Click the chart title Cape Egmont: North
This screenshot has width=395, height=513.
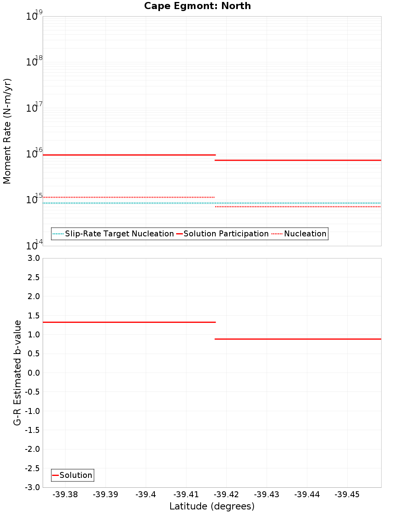[x=197, y=6]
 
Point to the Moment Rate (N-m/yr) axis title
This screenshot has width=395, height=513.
[x=7, y=131]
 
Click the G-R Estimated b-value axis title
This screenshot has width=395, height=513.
[x=17, y=373]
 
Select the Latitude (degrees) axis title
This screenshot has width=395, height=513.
[x=212, y=506]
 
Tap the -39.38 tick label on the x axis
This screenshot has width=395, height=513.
[x=65, y=494]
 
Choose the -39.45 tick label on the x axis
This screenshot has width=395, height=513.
[x=347, y=494]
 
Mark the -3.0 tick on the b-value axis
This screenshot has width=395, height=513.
[x=33, y=487]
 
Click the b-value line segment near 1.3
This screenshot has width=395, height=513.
[x=129, y=322]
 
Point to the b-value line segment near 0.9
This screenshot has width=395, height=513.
[x=298, y=339]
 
